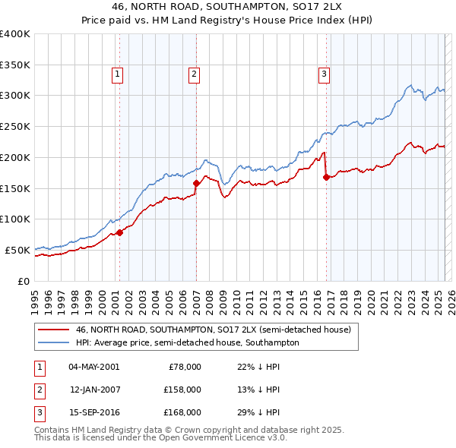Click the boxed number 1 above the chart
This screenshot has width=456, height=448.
(x=119, y=74)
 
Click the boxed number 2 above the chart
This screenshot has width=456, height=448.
(x=194, y=74)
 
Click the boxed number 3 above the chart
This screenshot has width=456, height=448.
(x=324, y=74)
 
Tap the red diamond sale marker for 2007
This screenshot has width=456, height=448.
(x=196, y=183)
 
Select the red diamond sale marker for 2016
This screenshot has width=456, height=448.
(x=326, y=177)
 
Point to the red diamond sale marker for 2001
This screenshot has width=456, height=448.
(x=119, y=232)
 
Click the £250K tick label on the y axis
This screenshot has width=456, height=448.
(x=15, y=126)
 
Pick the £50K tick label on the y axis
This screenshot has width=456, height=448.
(x=17, y=250)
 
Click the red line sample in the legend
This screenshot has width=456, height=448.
(x=53, y=330)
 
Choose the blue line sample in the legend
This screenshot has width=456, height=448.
(x=53, y=342)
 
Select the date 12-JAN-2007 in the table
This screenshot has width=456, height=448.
(x=94, y=390)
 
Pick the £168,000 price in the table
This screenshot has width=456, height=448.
(x=183, y=412)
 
